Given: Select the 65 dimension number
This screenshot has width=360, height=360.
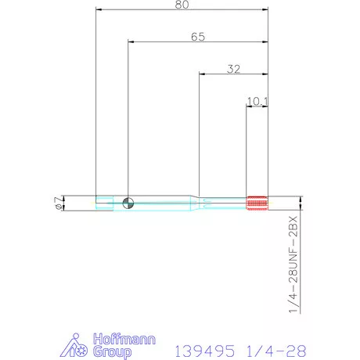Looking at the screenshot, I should coord(198,36).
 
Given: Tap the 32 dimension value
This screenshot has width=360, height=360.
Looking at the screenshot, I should coord(233,68).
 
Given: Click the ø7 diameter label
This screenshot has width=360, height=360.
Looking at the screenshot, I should coord(57,203).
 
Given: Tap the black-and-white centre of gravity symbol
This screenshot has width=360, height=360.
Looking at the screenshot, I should coord(128,203).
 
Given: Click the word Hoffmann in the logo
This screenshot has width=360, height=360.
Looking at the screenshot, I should coord(113,338).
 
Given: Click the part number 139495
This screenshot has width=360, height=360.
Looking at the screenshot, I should coord(203,348).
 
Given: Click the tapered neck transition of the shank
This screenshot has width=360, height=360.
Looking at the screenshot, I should coord(193,203).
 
